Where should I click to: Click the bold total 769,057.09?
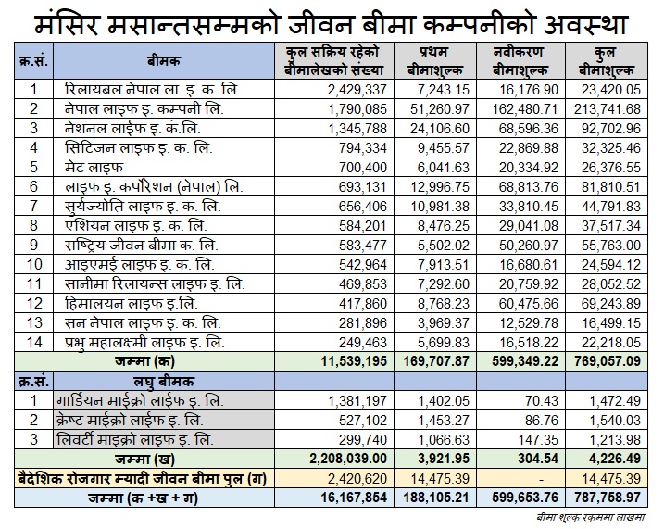click(x=608, y=361)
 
